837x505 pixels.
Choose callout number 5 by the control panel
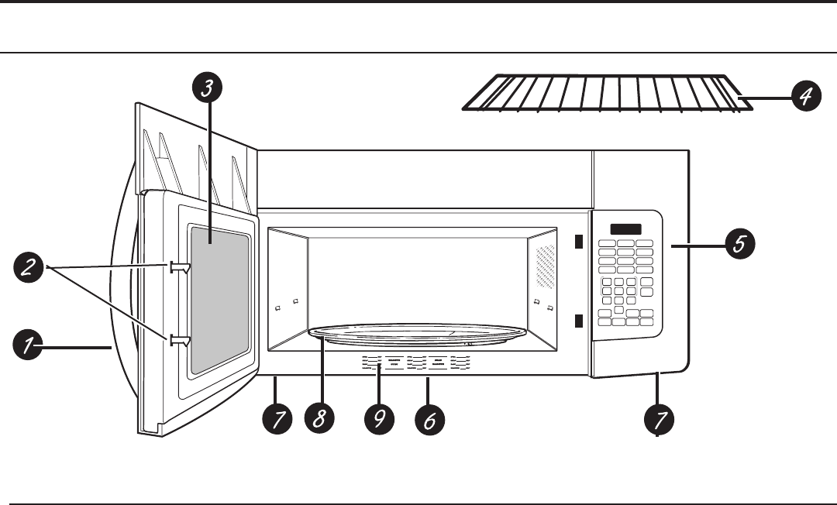point(739,245)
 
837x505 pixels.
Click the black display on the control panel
point(625,230)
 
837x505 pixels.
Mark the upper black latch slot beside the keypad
point(578,242)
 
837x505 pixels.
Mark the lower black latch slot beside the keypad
point(578,321)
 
